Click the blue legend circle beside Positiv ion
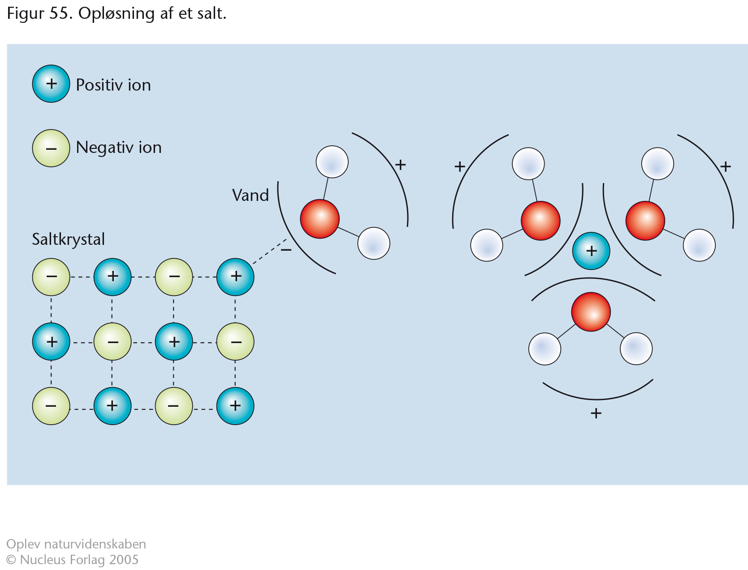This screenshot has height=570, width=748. click(x=51, y=83)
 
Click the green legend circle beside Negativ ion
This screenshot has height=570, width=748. click(x=51, y=148)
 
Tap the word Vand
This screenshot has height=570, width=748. click(x=251, y=196)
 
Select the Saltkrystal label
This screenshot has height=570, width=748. click(x=68, y=239)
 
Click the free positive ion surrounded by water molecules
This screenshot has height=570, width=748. click(x=591, y=251)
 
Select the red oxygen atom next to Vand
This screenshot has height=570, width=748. click(x=320, y=219)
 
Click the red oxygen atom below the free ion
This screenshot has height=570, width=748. click(x=591, y=312)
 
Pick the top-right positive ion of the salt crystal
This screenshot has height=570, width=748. click(x=235, y=277)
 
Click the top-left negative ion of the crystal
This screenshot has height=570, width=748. click(x=51, y=277)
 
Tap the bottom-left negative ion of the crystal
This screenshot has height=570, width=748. click(x=51, y=406)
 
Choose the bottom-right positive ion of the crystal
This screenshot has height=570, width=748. click(x=235, y=406)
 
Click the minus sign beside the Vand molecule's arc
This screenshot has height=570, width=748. click(x=286, y=250)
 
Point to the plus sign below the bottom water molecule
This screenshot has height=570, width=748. click(x=596, y=413)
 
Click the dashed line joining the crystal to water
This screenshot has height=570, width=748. click(x=269, y=251)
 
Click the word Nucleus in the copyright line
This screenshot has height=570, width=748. click(x=43, y=559)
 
